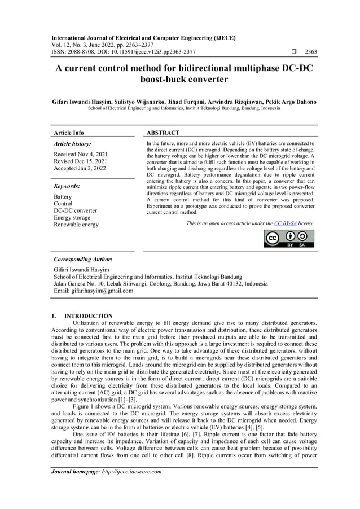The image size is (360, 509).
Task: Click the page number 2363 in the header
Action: click(310, 52)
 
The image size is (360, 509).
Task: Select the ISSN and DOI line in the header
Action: click(123, 52)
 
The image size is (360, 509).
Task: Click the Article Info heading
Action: click(68, 133)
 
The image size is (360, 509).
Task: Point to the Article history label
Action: click(72, 144)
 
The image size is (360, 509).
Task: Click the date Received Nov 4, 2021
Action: click(80, 154)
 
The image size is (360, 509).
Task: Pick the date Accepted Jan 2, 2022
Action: click(80, 169)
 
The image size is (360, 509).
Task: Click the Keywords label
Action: click(67, 186)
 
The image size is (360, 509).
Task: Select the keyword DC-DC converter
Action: click(75, 210)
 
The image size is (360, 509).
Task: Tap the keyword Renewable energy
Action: click(76, 225)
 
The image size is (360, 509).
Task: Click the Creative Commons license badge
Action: click(289, 238)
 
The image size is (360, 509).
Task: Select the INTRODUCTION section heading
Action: click(88, 315)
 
